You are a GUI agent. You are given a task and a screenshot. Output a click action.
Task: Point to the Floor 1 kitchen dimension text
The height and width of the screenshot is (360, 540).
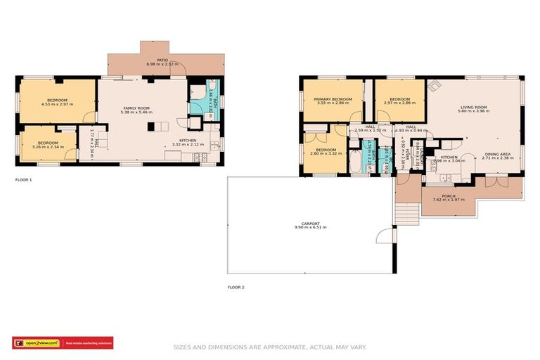point(187,144)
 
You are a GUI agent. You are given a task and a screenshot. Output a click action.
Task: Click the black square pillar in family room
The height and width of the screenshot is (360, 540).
point(150,127)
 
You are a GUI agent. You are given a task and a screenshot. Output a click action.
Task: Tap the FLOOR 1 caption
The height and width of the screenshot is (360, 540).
point(23,180)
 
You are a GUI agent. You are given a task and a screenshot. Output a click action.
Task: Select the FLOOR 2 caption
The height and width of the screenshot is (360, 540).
point(236,287)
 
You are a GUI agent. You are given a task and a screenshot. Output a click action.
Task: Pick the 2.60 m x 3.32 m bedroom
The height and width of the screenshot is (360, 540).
point(325,151)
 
